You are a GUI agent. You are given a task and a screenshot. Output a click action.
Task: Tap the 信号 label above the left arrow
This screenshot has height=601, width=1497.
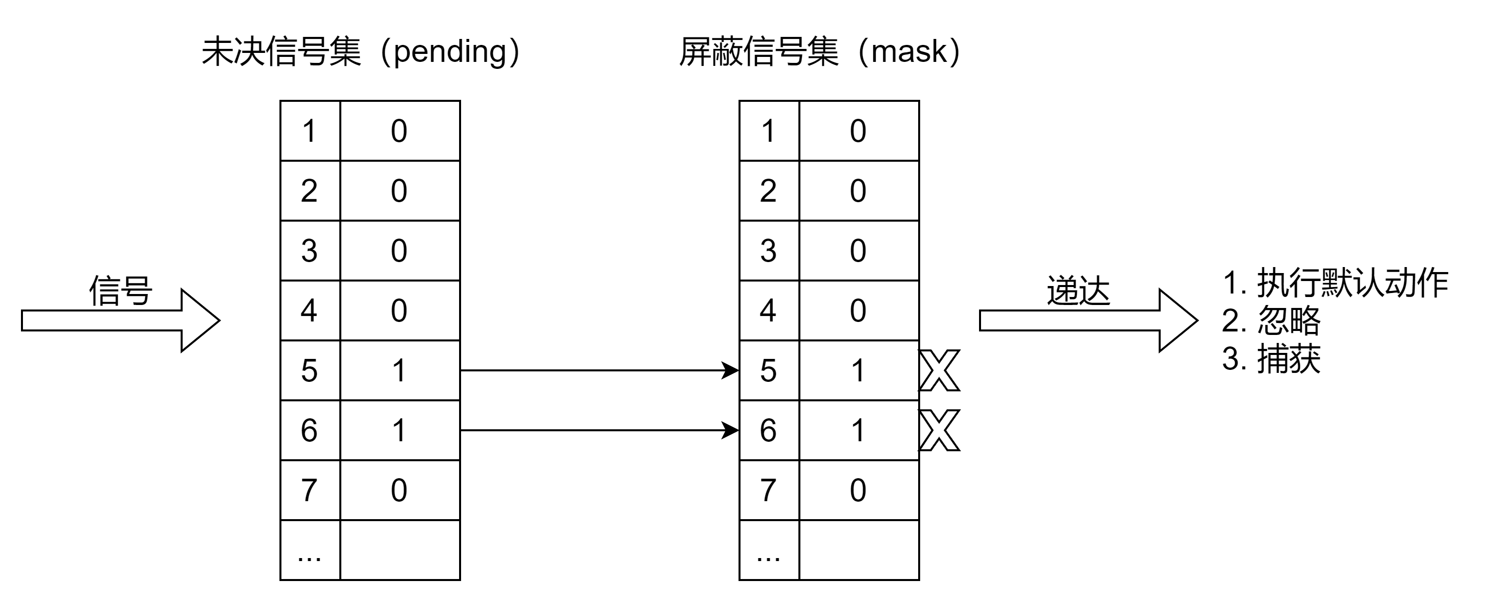click(120, 290)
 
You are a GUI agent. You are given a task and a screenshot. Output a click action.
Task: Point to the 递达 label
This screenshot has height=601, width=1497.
click(1078, 290)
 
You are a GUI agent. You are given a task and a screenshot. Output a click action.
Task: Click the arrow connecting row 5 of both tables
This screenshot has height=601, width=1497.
click(599, 370)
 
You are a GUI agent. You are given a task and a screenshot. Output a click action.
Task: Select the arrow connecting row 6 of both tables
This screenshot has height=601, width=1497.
click(599, 430)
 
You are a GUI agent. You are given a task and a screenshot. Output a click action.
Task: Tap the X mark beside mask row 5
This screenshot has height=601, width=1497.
click(939, 370)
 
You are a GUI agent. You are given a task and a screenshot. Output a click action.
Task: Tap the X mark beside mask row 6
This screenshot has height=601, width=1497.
click(939, 430)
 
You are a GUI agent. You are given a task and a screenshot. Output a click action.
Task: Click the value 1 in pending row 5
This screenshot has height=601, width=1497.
click(399, 370)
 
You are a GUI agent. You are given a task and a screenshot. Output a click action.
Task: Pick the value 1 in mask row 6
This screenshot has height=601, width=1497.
click(858, 430)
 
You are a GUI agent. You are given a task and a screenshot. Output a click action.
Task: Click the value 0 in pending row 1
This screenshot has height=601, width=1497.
click(399, 131)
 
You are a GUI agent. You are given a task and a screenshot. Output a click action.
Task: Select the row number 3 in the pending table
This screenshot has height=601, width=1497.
click(309, 251)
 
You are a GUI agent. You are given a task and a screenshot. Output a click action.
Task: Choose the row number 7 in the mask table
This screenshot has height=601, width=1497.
click(768, 490)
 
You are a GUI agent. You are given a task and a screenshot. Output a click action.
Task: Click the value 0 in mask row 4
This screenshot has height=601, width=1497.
click(858, 310)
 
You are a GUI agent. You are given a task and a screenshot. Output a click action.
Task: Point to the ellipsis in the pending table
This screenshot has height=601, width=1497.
click(309, 557)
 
